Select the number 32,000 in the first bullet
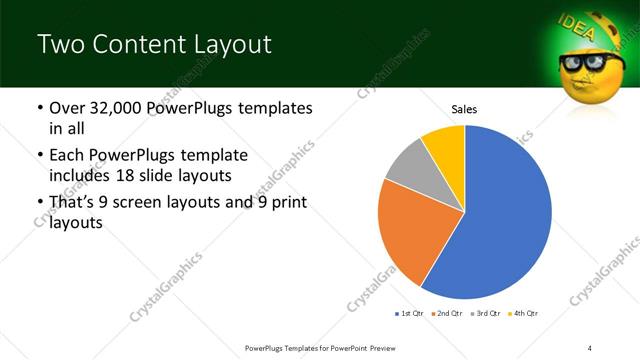(125, 108)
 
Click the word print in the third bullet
(287, 204)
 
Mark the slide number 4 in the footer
(590, 347)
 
